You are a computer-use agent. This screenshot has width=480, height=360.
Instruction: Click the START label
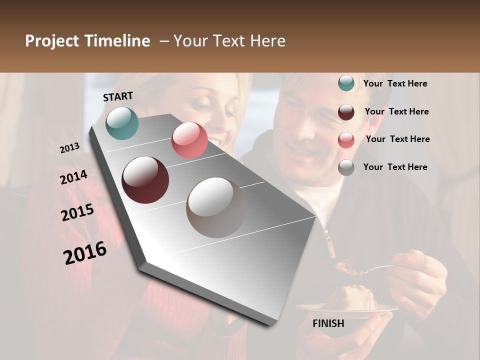click(118, 96)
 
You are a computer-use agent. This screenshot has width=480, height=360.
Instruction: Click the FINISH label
click(328, 323)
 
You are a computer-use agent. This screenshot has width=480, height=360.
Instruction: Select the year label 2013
click(69, 147)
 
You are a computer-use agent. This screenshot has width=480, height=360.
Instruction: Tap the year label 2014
click(73, 177)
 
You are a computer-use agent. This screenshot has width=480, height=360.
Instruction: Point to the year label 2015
click(77, 212)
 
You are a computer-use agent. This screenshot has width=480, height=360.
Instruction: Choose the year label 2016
click(85, 252)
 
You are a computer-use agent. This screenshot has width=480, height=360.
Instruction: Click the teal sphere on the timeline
click(122, 122)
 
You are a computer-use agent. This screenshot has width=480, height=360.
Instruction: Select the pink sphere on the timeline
click(189, 139)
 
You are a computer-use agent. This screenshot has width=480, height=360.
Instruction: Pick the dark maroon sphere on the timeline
click(145, 180)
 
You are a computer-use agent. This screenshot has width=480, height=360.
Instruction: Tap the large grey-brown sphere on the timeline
click(216, 207)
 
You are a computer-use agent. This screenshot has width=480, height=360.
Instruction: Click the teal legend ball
click(346, 83)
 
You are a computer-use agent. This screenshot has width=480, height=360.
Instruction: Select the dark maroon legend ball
click(346, 112)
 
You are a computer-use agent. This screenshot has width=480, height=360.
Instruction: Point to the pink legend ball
click(346, 140)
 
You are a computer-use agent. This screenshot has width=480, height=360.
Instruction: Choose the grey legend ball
click(346, 167)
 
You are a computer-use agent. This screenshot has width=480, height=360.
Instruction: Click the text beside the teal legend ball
click(395, 83)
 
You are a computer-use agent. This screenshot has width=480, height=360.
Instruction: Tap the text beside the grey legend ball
click(395, 167)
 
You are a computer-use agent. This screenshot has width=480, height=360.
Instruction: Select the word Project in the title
click(51, 41)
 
